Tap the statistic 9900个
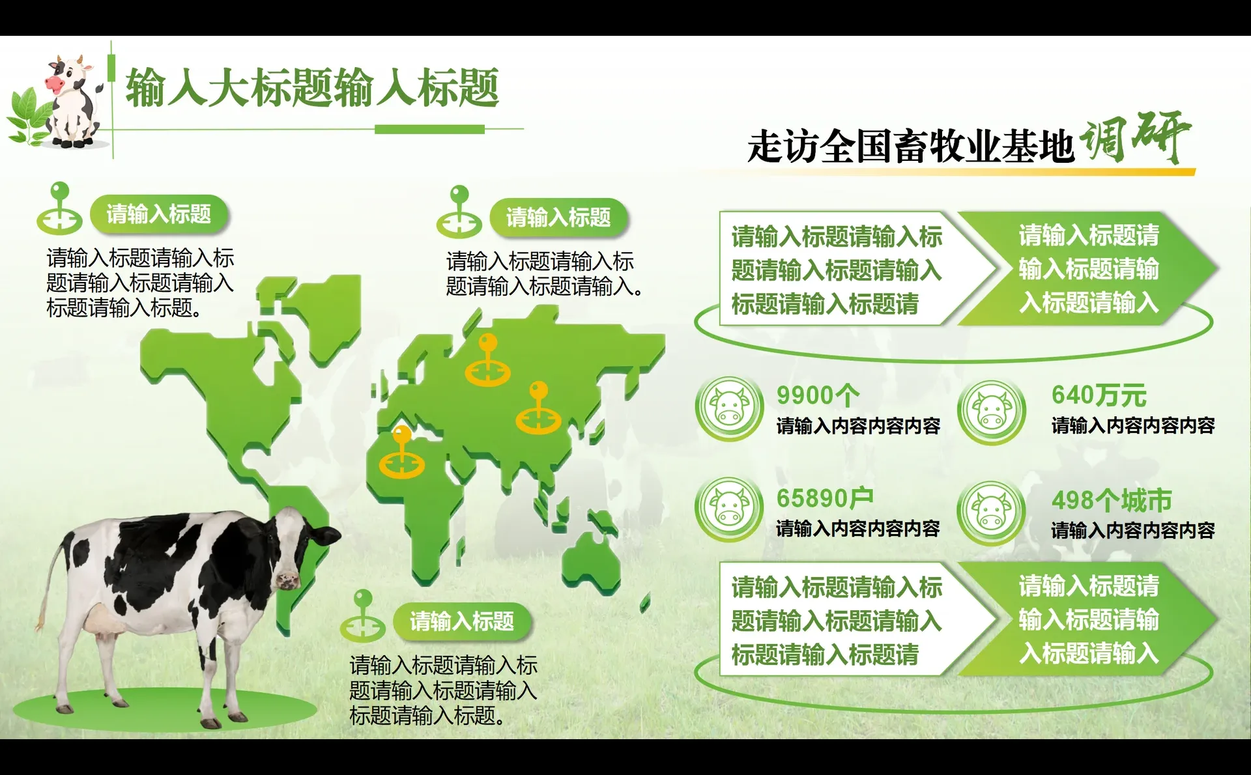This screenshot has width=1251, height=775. [x=818, y=395]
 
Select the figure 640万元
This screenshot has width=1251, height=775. [x=1099, y=395]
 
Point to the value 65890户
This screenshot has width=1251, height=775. [x=824, y=498]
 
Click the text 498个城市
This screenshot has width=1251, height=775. [x=1111, y=500]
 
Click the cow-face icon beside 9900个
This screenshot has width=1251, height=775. [x=729, y=408]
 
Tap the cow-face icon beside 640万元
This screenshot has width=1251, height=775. [x=992, y=412]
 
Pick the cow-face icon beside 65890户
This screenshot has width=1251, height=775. [x=729, y=509]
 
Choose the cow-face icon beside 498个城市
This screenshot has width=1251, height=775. [x=992, y=513]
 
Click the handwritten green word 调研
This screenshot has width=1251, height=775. [x=1134, y=137]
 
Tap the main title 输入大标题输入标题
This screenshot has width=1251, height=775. [x=312, y=89]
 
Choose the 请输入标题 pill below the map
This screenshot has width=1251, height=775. [x=462, y=621]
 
